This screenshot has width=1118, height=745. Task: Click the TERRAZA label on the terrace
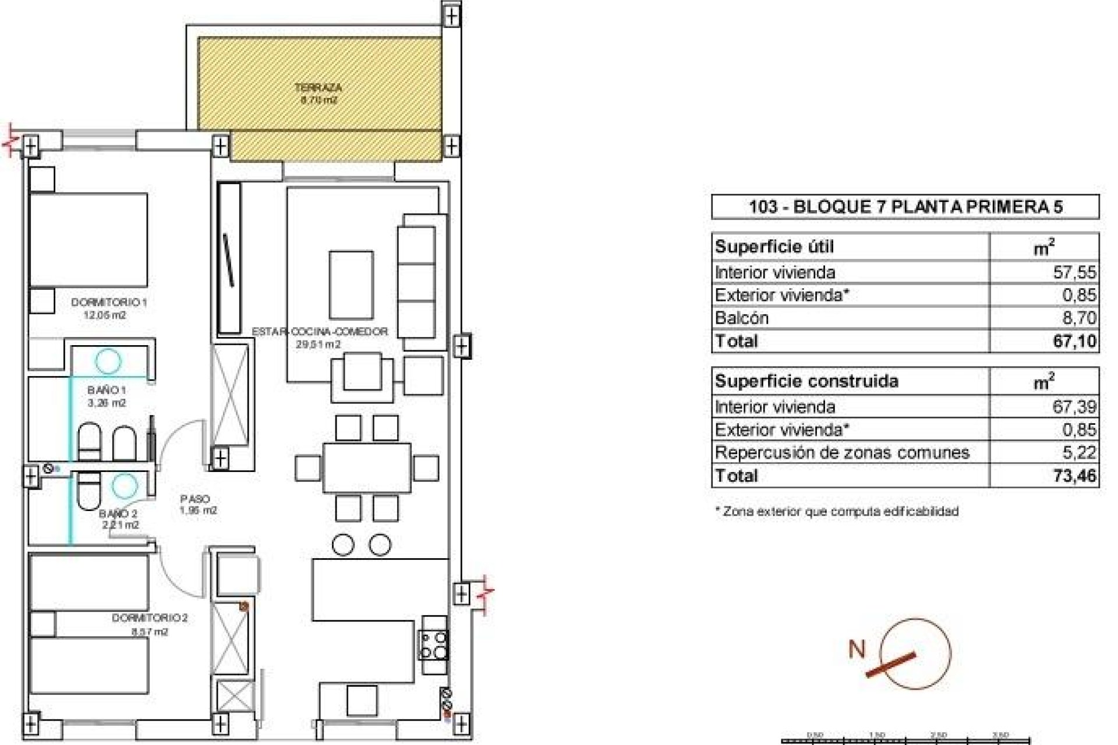[x=318, y=88]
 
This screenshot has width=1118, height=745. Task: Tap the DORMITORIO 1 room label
[x=109, y=303]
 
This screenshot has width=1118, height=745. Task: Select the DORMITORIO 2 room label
[x=150, y=618]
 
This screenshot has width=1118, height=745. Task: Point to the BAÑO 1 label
[x=107, y=390]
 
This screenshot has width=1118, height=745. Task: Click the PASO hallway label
[x=195, y=499]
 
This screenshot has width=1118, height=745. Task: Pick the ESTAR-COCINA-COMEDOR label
[x=320, y=332]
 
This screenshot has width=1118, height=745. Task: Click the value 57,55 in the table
[x=1074, y=272]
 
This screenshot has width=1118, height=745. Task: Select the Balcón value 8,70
[x=1079, y=318]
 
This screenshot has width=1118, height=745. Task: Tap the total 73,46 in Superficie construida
[x=1074, y=476]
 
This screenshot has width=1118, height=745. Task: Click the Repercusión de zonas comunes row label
[x=842, y=453]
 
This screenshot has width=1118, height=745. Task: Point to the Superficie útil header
[x=774, y=247]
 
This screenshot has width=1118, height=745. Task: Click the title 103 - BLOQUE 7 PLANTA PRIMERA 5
[x=905, y=207]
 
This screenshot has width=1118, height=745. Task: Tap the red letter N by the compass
[x=857, y=649]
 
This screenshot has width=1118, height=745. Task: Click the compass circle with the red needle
[x=915, y=653]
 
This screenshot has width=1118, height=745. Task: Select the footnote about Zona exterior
[x=836, y=512]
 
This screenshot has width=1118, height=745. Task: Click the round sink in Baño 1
[x=108, y=361]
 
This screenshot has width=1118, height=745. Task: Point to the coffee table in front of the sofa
[x=351, y=285]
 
